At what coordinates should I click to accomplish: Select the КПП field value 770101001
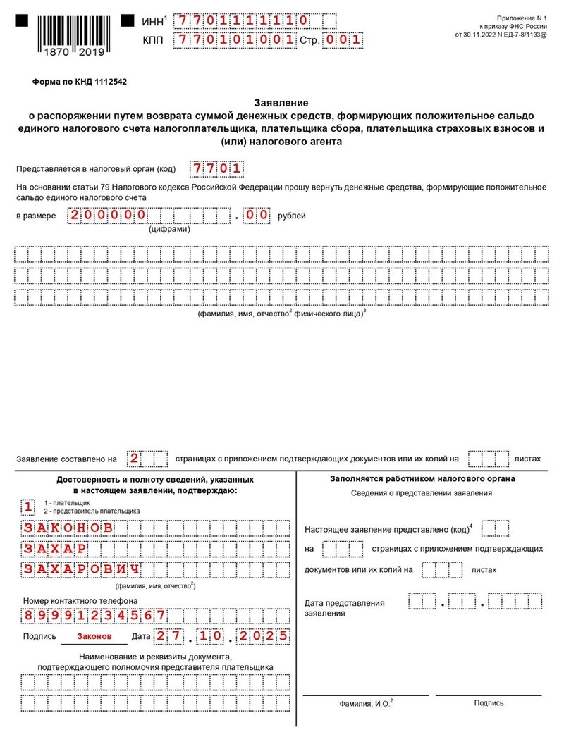(235, 39)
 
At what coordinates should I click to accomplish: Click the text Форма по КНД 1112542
(80, 82)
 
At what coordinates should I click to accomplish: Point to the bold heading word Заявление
(281, 102)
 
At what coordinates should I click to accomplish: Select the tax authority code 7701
(217, 169)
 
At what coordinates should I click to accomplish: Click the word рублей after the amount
(291, 216)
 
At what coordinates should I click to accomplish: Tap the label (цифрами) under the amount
(168, 229)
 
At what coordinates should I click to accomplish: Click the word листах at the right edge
(527, 459)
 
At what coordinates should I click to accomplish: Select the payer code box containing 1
(27, 507)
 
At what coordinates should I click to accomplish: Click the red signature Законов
(94, 636)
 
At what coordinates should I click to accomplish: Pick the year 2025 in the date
(264, 636)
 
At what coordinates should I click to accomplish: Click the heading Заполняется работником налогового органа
(422, 479)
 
